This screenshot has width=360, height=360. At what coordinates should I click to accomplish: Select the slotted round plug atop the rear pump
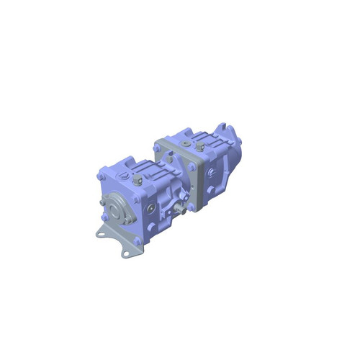tap(203, 143)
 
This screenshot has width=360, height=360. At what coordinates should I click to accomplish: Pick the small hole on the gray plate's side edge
tap(189, 189)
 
